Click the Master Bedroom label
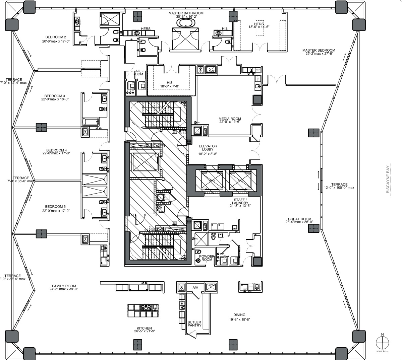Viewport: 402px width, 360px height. pyautogui.click(x=319, y=51)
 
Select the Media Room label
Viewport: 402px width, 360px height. pyautogui.click(x=230, y=119)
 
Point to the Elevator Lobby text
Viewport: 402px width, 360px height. pyautogui.click(x=208, y=148)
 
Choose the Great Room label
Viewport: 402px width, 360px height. pyautogui.click(x=299, y=219)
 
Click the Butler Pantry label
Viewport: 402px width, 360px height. pyautogui.click(x=194, y=324)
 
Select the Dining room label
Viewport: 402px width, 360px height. pyautogui.click(x=239, y=315)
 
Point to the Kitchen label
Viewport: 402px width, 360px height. pyautogui.click(x=144, y=328)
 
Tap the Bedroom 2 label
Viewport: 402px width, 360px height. pyautogui.click(x=56, y=37)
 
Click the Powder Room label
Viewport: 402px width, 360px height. pyautogui.click(x=207, y=258)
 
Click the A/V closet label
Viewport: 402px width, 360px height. pyautogui.click(x=196, y=287)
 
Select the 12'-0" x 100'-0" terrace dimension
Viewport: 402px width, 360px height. pyautogui.click(x=339, y=188)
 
